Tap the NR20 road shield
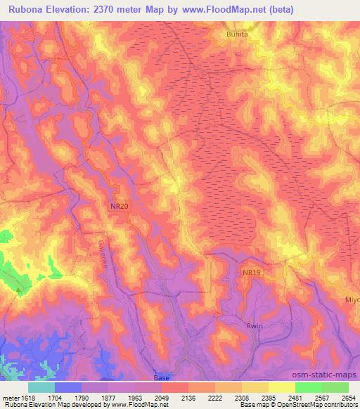[x=119, y=206]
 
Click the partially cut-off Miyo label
[x=352, y=299]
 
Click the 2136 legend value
[x=187, y=397]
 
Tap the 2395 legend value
[x=267, y=397]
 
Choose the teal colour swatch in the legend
[x=41, y=387]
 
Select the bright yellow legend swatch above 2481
[x=281, y=387]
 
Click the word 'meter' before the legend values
[x=9, y=397]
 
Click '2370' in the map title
[x=115, y=9]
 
